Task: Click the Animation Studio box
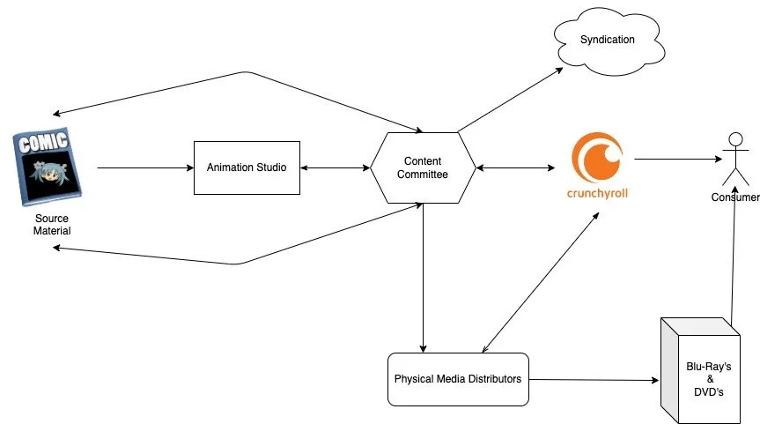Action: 247,167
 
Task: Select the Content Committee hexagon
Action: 423,167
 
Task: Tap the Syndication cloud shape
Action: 607,41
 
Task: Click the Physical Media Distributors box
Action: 458,379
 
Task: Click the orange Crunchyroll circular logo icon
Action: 599,157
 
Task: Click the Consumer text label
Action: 734,197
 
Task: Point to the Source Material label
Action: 52,225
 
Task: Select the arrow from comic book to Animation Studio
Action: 145,167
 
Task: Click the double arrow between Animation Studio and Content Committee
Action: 335,167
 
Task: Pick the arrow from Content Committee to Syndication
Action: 511,99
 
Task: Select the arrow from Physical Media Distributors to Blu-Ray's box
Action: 594,380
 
